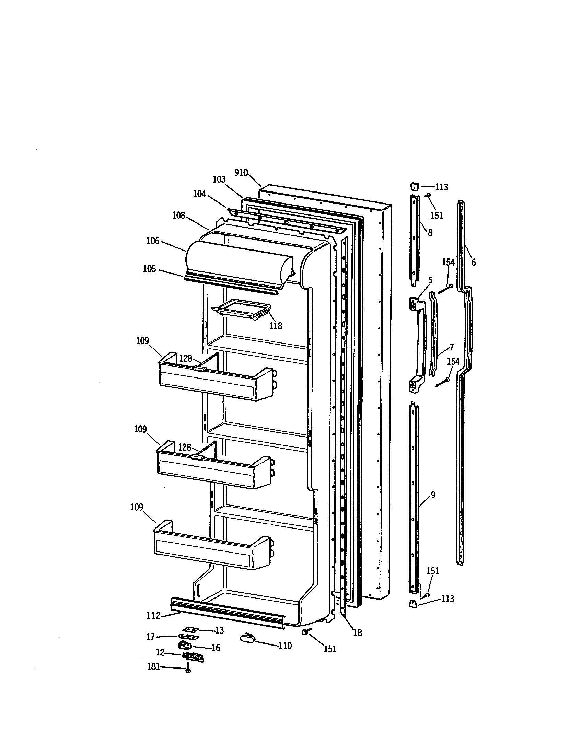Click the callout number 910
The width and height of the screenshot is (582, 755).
click(x=241, y=173)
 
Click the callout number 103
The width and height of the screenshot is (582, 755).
click(x=219, y=179)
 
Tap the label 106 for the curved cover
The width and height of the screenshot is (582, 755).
click(x=153, y=241)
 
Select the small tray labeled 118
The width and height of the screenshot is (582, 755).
click(x=242, y=309)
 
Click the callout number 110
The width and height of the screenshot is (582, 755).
click(x=285, y=646)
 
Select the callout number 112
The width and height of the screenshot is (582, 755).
click(x=153, y=616)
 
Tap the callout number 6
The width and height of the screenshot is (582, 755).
click(x=473, y=263)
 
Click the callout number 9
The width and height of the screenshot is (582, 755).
click(x=433, y=495)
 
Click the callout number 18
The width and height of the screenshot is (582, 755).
click(x=357, y=633)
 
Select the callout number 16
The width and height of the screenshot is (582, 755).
click(x=216, y=648)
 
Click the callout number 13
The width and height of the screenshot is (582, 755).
click(x=220, y=630)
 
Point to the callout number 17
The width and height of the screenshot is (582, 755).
click(x=151, y=637)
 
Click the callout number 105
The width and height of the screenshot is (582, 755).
click(x=149, y=269)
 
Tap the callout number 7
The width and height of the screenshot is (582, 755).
click(x=452, y=347)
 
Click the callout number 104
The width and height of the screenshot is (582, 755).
click(x=199, y=194)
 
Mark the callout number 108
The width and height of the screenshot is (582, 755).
click(x=179, y=216)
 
